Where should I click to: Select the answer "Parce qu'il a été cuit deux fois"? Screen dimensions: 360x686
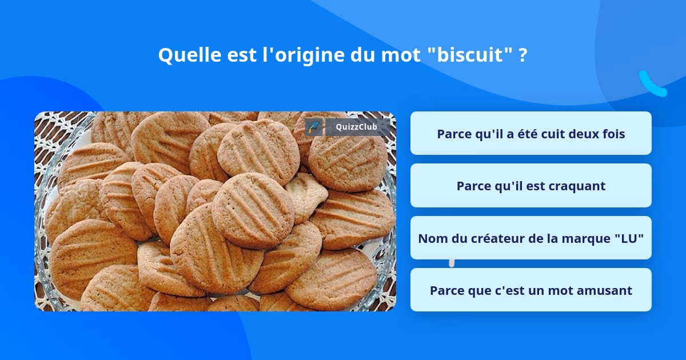[531, 134]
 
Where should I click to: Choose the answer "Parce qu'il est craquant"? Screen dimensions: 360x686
[531, 186]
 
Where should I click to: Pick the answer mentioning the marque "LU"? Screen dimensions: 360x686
[531, 238]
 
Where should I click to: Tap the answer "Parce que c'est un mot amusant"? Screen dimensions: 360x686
[531, 290]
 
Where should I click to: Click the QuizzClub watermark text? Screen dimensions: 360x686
[356, 127]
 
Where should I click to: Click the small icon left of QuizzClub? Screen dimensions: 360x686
[313, 127]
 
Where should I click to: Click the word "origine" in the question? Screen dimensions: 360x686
[305, 55]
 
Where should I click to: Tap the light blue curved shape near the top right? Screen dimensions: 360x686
[652, 85]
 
